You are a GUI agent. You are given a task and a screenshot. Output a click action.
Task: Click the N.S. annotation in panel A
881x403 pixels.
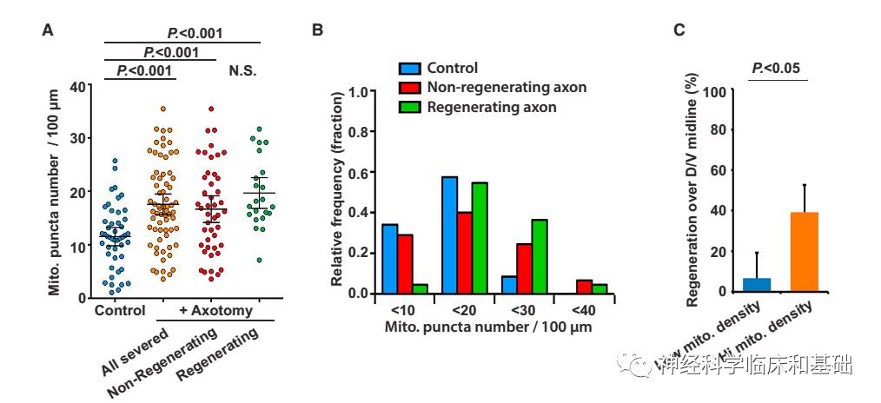coord(243,69)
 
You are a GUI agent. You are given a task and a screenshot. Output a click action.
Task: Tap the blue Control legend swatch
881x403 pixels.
coord(410,69)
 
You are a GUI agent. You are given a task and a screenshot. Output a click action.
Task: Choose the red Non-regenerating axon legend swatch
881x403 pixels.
coord(410,88)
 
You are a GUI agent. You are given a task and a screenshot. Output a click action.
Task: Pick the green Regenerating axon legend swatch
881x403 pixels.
coord(410,107)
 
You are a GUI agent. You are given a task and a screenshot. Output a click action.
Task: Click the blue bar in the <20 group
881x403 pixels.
coord(449,235)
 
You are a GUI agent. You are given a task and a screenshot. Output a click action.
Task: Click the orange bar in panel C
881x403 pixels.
coord(805,252)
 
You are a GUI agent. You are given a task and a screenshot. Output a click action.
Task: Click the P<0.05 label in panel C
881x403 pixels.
coord(777,67)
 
